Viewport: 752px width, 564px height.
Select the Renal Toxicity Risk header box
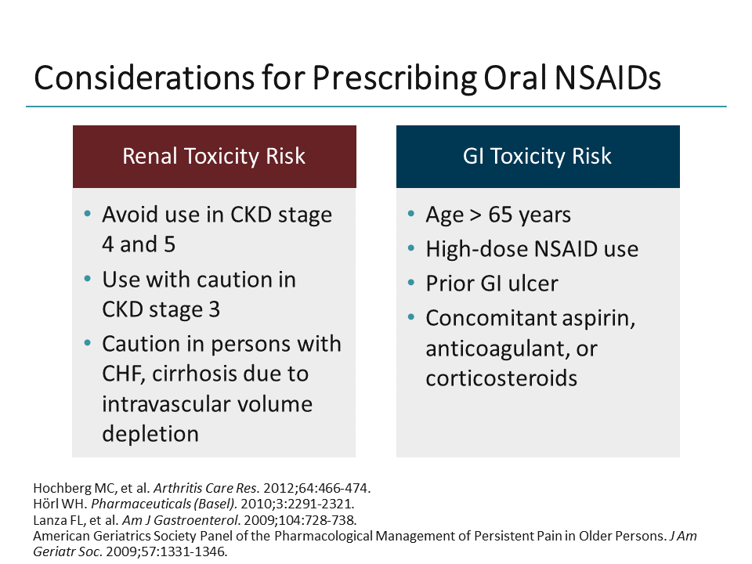pos(214,156)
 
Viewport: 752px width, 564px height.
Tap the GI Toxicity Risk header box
pos(537,156)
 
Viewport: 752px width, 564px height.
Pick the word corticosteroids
pos(501,378)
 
